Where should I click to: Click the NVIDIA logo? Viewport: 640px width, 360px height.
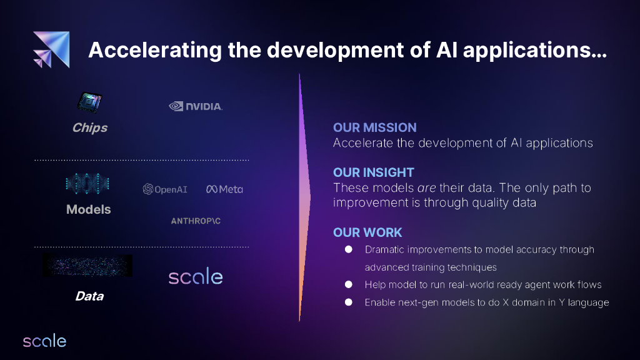pos(196,106)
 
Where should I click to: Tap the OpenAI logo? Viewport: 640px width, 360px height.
pos(165,189)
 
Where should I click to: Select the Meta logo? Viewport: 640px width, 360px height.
pos(224,189)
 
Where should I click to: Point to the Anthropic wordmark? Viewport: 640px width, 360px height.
pos(196,221)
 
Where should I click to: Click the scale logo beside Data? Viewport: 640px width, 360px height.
pos(196,276)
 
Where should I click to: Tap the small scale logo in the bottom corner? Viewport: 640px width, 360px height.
pos(44,341)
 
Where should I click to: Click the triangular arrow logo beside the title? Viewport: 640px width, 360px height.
pos(51,49)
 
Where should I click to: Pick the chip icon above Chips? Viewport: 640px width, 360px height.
pos(90,102)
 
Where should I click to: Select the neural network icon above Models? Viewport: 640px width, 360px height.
pos(87,184)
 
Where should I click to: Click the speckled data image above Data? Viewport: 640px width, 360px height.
pos(87,266)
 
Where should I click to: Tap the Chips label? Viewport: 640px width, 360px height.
pos(90,127)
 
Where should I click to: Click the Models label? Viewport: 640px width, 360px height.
pos(89,209)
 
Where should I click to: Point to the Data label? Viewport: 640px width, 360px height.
pos(89,296)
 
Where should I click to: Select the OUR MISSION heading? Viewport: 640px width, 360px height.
pos(375,127)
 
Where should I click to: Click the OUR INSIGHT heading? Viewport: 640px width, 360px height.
pos(374,172)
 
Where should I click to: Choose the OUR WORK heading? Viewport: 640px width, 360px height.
pos(367,232)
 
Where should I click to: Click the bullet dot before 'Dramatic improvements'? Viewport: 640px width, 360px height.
pos(349,249)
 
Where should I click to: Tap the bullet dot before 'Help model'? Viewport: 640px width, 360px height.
pos(349,284)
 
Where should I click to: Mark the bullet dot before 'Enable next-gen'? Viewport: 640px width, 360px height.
pos(349,302)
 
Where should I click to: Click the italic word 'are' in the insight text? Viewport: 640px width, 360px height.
pos(426,187)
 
